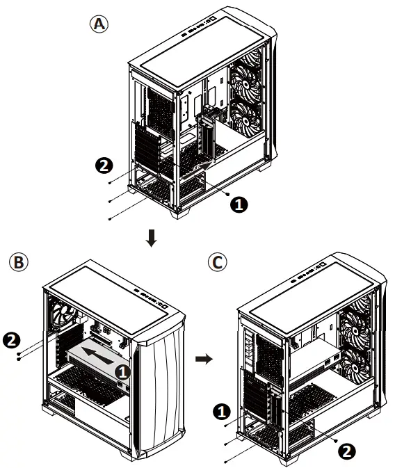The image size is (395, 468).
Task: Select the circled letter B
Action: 17,263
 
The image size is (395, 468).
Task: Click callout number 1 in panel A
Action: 238,204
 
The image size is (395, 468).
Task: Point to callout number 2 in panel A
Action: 102,166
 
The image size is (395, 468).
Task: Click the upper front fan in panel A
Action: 249,72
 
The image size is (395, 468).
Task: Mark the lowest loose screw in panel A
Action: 111,219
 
